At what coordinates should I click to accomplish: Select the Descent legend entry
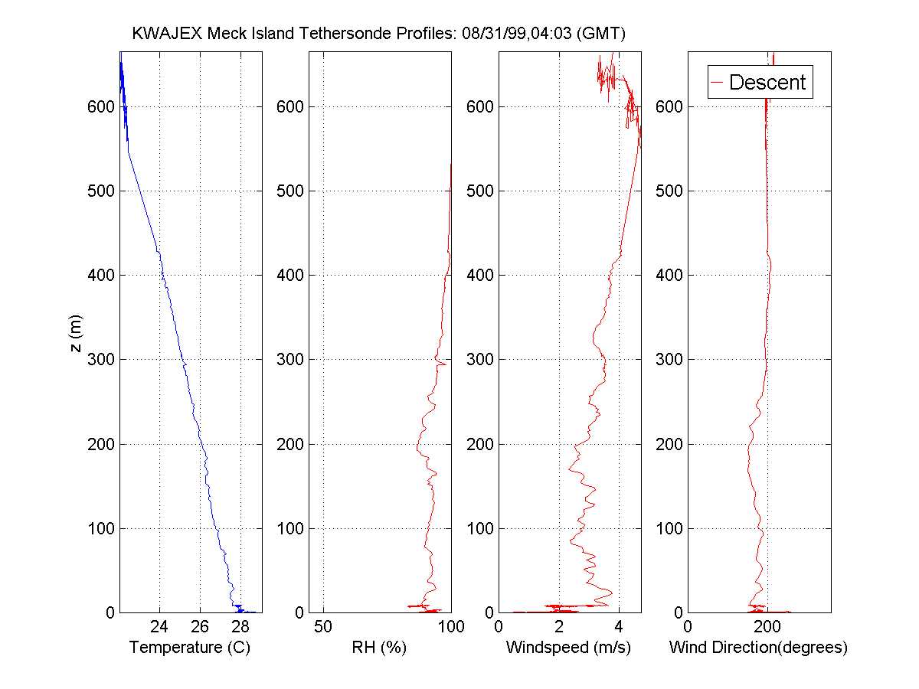[767, 82]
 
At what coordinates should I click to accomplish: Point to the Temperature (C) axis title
[190, 648]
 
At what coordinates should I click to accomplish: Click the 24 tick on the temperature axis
[160, 627]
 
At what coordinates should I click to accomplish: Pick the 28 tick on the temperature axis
[240, 627]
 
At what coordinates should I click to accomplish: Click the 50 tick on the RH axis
[324, 627]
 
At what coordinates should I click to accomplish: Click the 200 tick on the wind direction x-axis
[767, 627]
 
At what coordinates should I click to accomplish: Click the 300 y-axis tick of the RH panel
[291, 360]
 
